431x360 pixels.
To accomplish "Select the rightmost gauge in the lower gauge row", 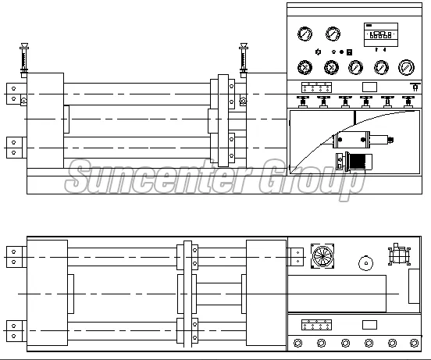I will (x=405, y=68).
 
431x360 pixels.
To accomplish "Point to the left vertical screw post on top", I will (x=26, y=59).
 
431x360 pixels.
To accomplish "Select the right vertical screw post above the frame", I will (x=244, y=59).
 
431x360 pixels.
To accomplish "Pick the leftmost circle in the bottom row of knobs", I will (x=298, y=343).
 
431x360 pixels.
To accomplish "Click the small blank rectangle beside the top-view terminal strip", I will (x=370, y=85).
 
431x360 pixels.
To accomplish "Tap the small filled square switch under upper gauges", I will (x=349, y=52).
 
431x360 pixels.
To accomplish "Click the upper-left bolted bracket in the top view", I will (x=14, y=94).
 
